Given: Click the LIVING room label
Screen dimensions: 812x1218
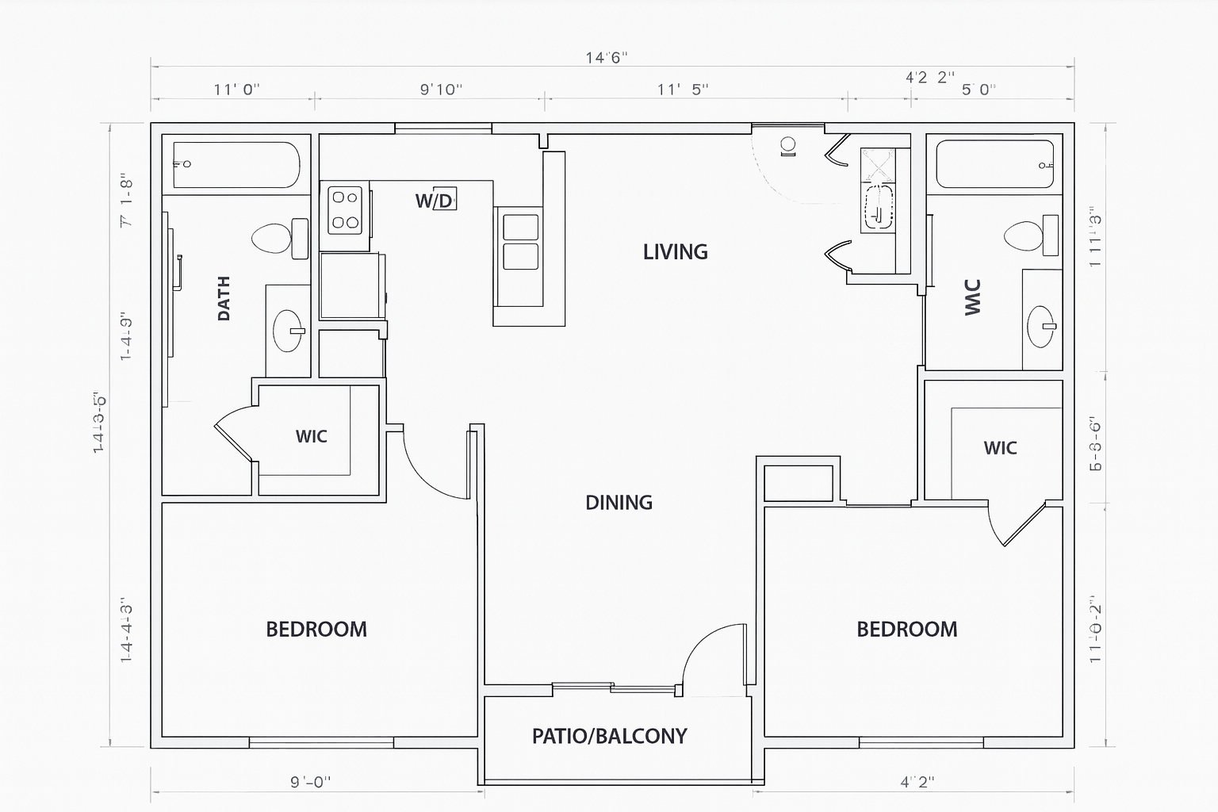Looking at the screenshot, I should pos(675,252).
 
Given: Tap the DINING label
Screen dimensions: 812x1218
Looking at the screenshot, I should pos(619,503).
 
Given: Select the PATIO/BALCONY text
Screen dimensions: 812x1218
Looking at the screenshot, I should pos(609,737).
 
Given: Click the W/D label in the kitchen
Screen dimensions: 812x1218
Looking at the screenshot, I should pos(435,201).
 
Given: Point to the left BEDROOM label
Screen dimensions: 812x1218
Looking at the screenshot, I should pos(316,630).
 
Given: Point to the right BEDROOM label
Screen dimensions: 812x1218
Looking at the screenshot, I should pos(906,630).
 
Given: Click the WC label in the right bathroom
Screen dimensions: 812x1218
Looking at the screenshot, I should pos(973,297).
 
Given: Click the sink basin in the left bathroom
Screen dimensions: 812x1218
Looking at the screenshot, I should pos(288,330).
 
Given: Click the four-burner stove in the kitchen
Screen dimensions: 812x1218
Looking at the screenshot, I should pos(346,209).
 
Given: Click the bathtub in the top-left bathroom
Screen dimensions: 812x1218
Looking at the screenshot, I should pos(236,165).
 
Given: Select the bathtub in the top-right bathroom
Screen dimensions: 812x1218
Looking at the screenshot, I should pos(994,164).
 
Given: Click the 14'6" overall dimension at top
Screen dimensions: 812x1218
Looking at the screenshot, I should pos(607,57).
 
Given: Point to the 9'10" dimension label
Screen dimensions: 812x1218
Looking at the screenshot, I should pos(441,90).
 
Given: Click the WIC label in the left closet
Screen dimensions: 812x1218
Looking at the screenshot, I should pos(311,437).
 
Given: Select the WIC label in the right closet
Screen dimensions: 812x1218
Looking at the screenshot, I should pos(1000,448).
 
